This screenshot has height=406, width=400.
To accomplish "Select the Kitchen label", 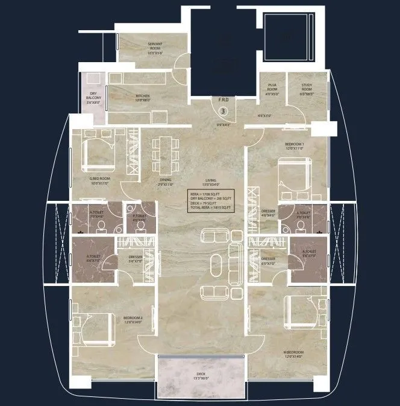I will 143,98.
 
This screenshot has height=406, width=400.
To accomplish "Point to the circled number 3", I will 223,111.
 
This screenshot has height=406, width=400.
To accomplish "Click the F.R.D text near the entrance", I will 223,100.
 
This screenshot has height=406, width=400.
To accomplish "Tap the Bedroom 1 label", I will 295,145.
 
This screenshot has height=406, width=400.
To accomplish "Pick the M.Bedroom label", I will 295,355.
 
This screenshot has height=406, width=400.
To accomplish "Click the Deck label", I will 201,376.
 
